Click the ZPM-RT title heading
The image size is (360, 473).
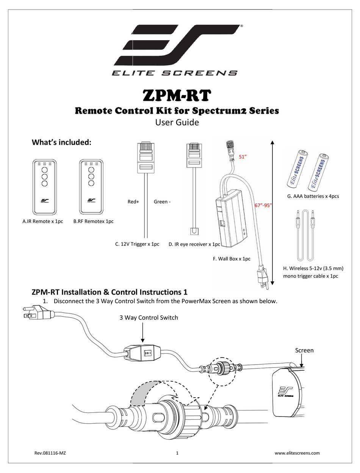(176, 96)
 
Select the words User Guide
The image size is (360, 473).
(177, 122)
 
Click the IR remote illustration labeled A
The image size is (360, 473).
(44, 186)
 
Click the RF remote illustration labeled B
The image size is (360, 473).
(91, 186)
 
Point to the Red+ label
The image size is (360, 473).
(133, 202)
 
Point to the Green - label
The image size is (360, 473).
(162, 202)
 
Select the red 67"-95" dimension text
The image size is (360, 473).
(263, 205)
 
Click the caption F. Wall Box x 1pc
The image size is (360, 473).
(232, 259)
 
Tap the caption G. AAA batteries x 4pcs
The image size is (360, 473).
(312, 196)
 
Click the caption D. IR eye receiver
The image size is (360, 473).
(194, 244)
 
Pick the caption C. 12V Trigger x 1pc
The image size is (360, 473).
(137, 244)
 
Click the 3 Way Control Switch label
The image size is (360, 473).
(149, 318)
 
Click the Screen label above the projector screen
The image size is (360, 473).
(304, 350)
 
